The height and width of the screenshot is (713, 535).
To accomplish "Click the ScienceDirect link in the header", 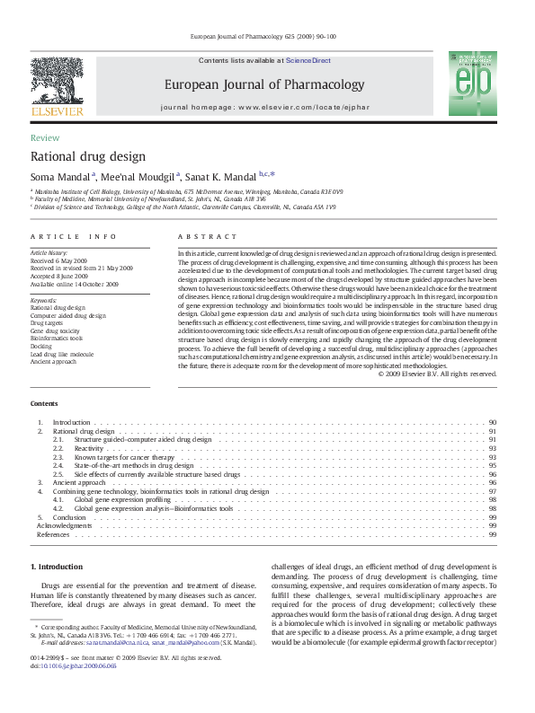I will pyautogui.click(x=308, y=61).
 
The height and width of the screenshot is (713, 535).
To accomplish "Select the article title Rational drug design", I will pyautogui.click(x=88, y=156).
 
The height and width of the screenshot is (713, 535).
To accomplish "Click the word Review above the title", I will pyautogui.click(x=45, y=137).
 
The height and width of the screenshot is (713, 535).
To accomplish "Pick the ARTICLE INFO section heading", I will pyautogui.click(x=74, y=236).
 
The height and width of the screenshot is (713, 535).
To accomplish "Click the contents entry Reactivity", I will pyautogui.click(x=89, y=447).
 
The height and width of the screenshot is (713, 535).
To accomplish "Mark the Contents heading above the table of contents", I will pyautogui.click(x=44, y=403).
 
